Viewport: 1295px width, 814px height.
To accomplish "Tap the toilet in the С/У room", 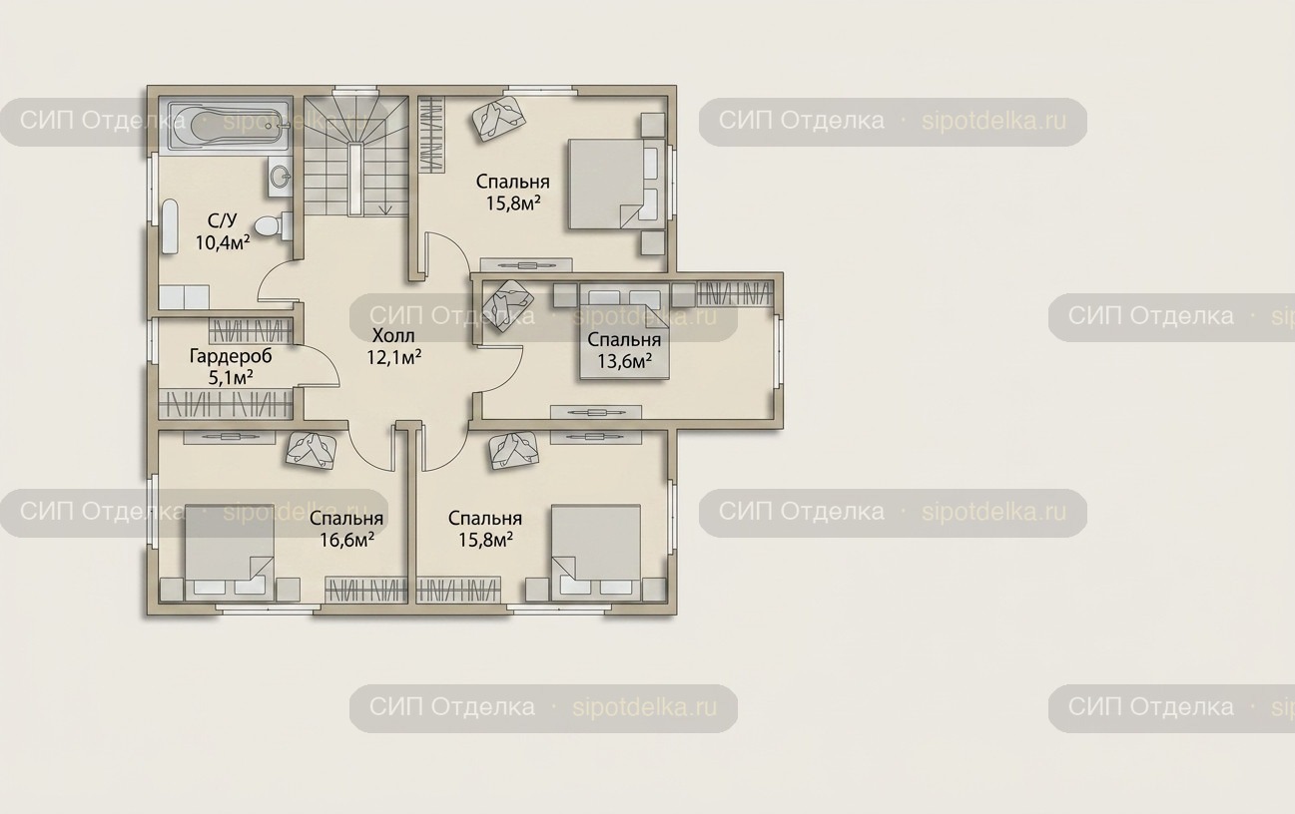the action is tap(273, 225).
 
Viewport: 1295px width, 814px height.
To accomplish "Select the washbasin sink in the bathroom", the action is tap(281, 177).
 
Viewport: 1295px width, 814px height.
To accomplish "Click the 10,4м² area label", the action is tap(223, 242).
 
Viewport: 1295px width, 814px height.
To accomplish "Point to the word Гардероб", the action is tap(231, 356).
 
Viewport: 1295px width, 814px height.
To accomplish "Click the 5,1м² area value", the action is tap(231, 378).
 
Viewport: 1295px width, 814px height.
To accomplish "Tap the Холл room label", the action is tap(393, 335).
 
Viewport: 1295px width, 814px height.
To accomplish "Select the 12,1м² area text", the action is tap(393, 357).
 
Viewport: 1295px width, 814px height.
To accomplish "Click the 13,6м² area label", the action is tap(624, 362).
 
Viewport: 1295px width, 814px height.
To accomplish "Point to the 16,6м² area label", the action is tap(346, 540).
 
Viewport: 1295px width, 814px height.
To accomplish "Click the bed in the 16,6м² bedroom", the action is tap(229, 552).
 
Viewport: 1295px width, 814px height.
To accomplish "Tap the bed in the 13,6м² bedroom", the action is tap(624, 335).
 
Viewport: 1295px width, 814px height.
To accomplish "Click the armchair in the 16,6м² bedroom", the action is tap(312, 451).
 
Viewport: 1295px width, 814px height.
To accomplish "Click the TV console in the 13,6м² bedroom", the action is tap(595, 413).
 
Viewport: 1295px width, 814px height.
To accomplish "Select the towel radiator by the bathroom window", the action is tap(170, 226).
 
